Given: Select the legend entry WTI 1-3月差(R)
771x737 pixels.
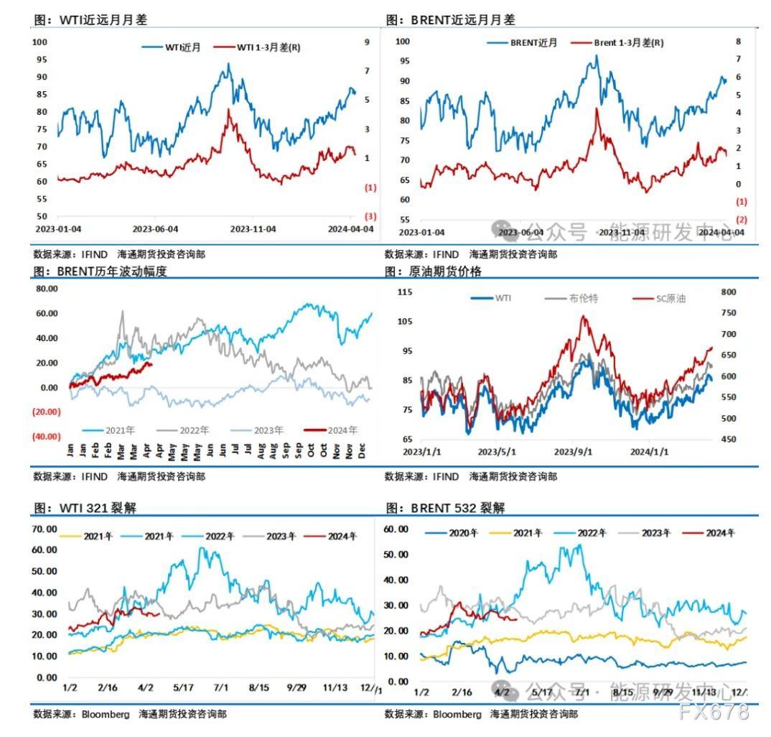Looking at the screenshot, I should (269, 47).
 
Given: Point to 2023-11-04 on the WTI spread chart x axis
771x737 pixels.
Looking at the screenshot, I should (253, 229).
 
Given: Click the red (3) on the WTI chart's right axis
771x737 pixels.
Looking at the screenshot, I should (370, 216).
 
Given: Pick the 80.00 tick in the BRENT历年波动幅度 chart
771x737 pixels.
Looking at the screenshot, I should (47, 289).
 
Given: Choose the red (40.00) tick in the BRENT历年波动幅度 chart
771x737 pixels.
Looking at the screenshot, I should (45, 436).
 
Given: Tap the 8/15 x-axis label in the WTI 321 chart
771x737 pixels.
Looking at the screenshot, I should (258, 687).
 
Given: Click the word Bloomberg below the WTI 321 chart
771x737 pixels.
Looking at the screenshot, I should (106, 715).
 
